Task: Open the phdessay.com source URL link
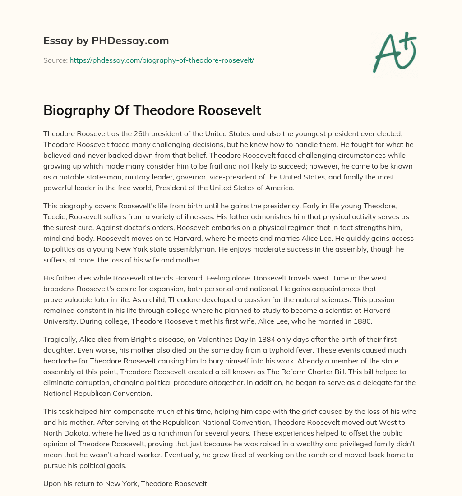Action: [x=162, y=60]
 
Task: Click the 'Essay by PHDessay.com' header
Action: [x=106, y=41]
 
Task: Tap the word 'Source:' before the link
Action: [x=55, y=60]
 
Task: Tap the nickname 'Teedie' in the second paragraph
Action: [x=55, y=216]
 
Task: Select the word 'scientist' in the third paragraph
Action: [x=313, y=310]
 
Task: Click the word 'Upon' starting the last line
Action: [x=52, y=483]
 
